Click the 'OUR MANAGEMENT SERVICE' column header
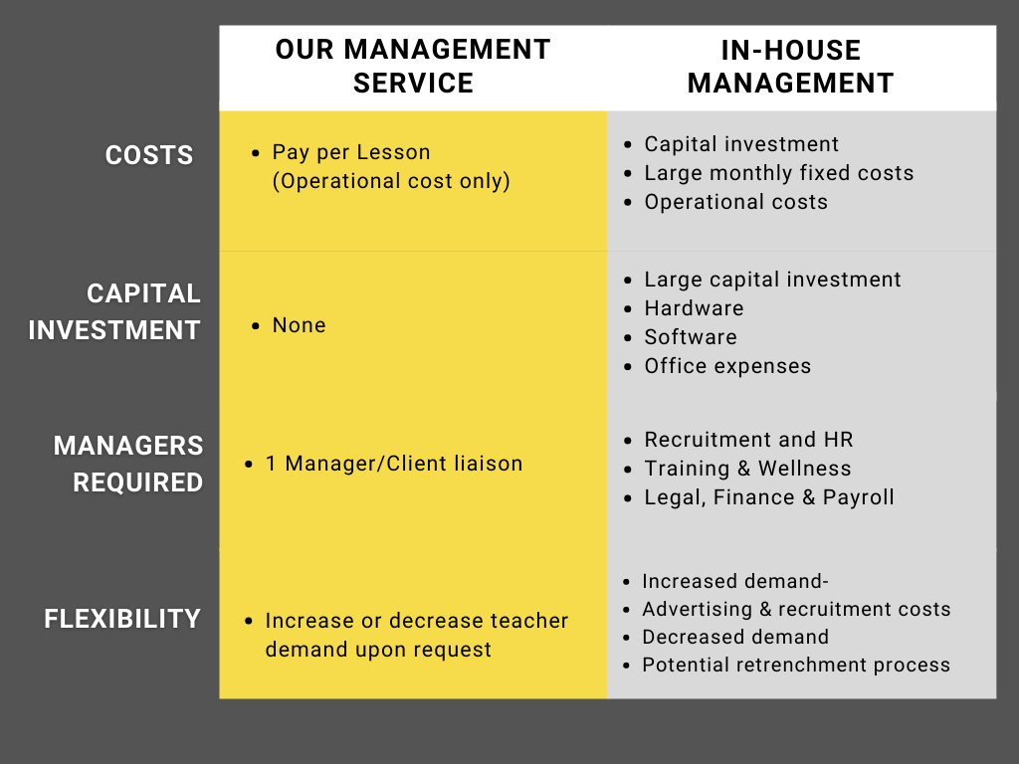[x=413, y=67]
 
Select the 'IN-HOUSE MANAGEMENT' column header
[x=790, y=67]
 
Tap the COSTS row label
[x=149, y=155]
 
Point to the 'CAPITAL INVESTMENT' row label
[x=114, y=311]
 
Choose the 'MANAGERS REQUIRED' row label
[x=128, y=464]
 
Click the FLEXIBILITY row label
[x=122, y=619]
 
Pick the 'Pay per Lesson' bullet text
[x=351, y=152]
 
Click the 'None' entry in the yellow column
[x=299, y=325]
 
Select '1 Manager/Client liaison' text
[x=394, y=464]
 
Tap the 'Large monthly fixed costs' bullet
[x=778, y=173]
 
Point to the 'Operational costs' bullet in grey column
[x=735, y=202]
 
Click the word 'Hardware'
[x=694, y=308]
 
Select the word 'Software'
[x=691, y=337]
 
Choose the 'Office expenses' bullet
[x=727, y=366]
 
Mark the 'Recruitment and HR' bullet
[x=748, y=440]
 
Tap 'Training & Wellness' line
[x=747, y=469]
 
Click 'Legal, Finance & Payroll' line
[x=769, y=497]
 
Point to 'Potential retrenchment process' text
[x=796, y=666]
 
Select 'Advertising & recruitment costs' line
[x=796, y=610]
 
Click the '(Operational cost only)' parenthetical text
[x=391, y=181]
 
